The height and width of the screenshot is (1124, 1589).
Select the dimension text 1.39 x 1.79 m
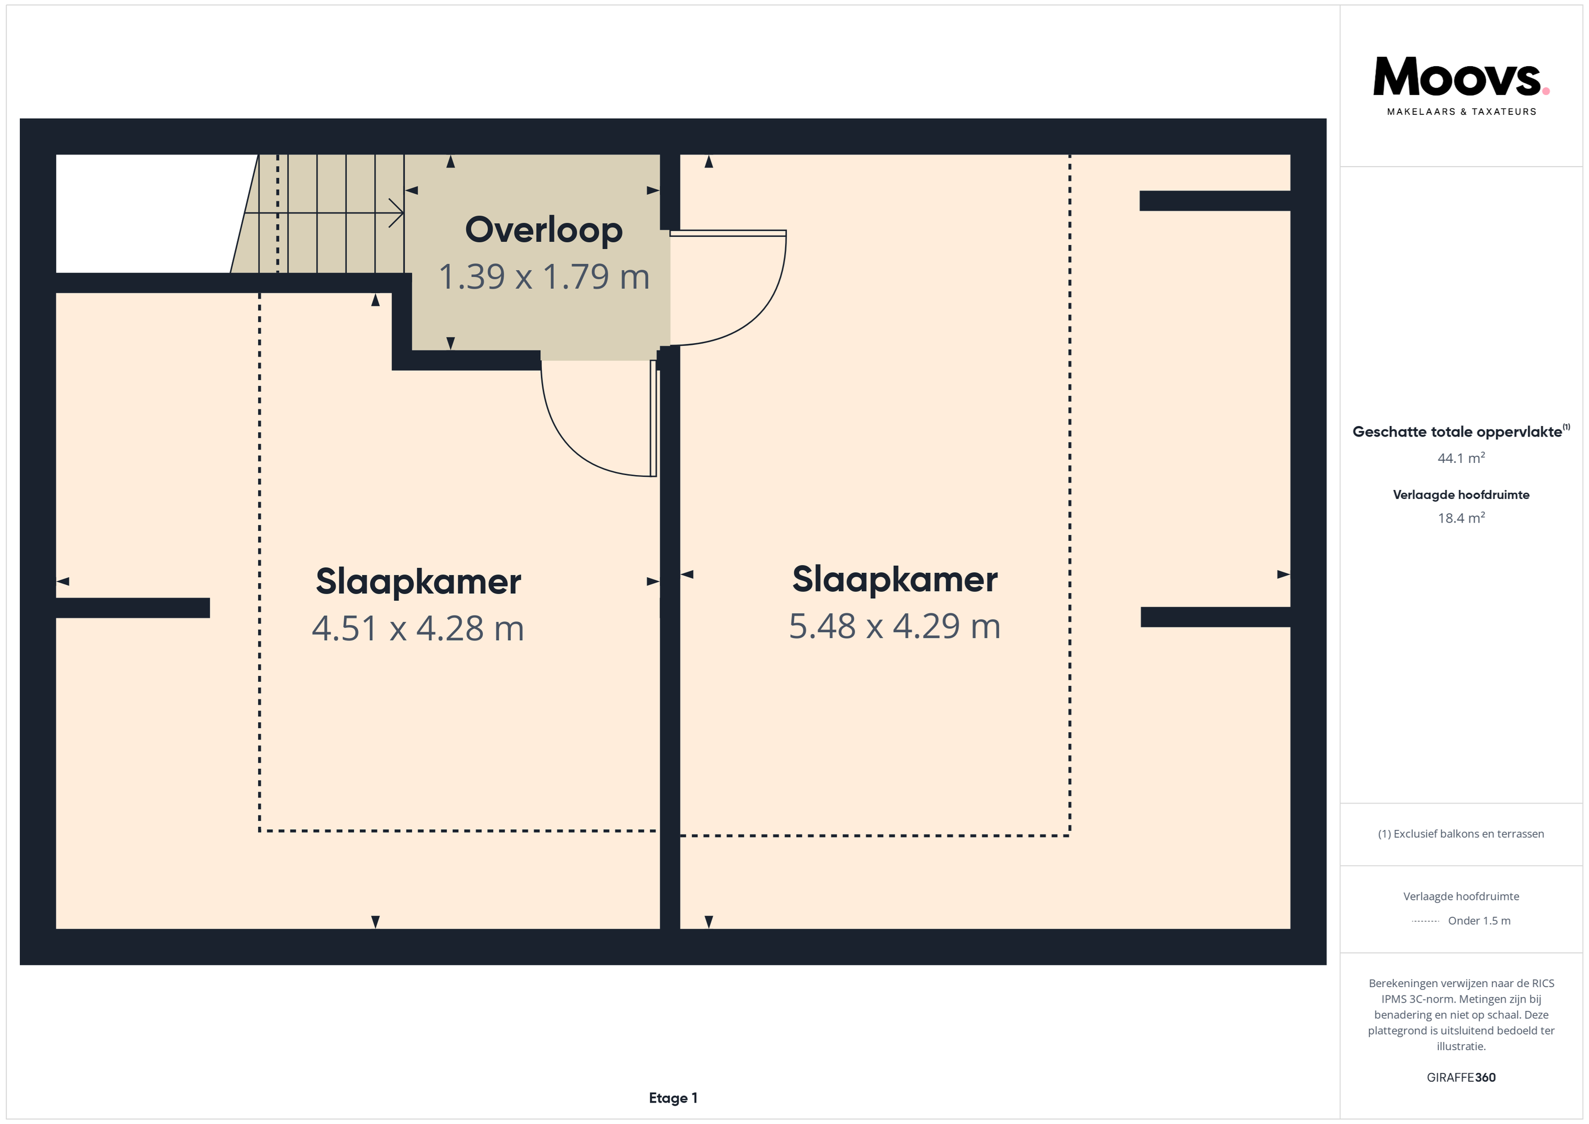tap(544, 277)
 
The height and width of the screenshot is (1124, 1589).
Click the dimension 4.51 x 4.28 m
tap(418, 628)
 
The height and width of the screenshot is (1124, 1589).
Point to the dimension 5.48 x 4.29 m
tap(895, 626)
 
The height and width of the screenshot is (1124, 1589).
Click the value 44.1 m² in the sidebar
tap(1461, 458)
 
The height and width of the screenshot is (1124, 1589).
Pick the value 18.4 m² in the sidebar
tap(1461, 518)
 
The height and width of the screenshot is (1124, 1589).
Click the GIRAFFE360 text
tap(1461, 1077)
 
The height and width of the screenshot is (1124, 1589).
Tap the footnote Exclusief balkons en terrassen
tap(1461, 834)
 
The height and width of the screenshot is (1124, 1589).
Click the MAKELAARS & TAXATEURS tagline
tap(1461, 111)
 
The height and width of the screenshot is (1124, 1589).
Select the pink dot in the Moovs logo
tap(1546, 90)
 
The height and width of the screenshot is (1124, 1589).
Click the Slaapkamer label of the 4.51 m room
tap(418, 582)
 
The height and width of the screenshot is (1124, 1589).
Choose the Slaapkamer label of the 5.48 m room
tap(895, 579)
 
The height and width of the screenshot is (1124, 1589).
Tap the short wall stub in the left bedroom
tap(133, 608)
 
